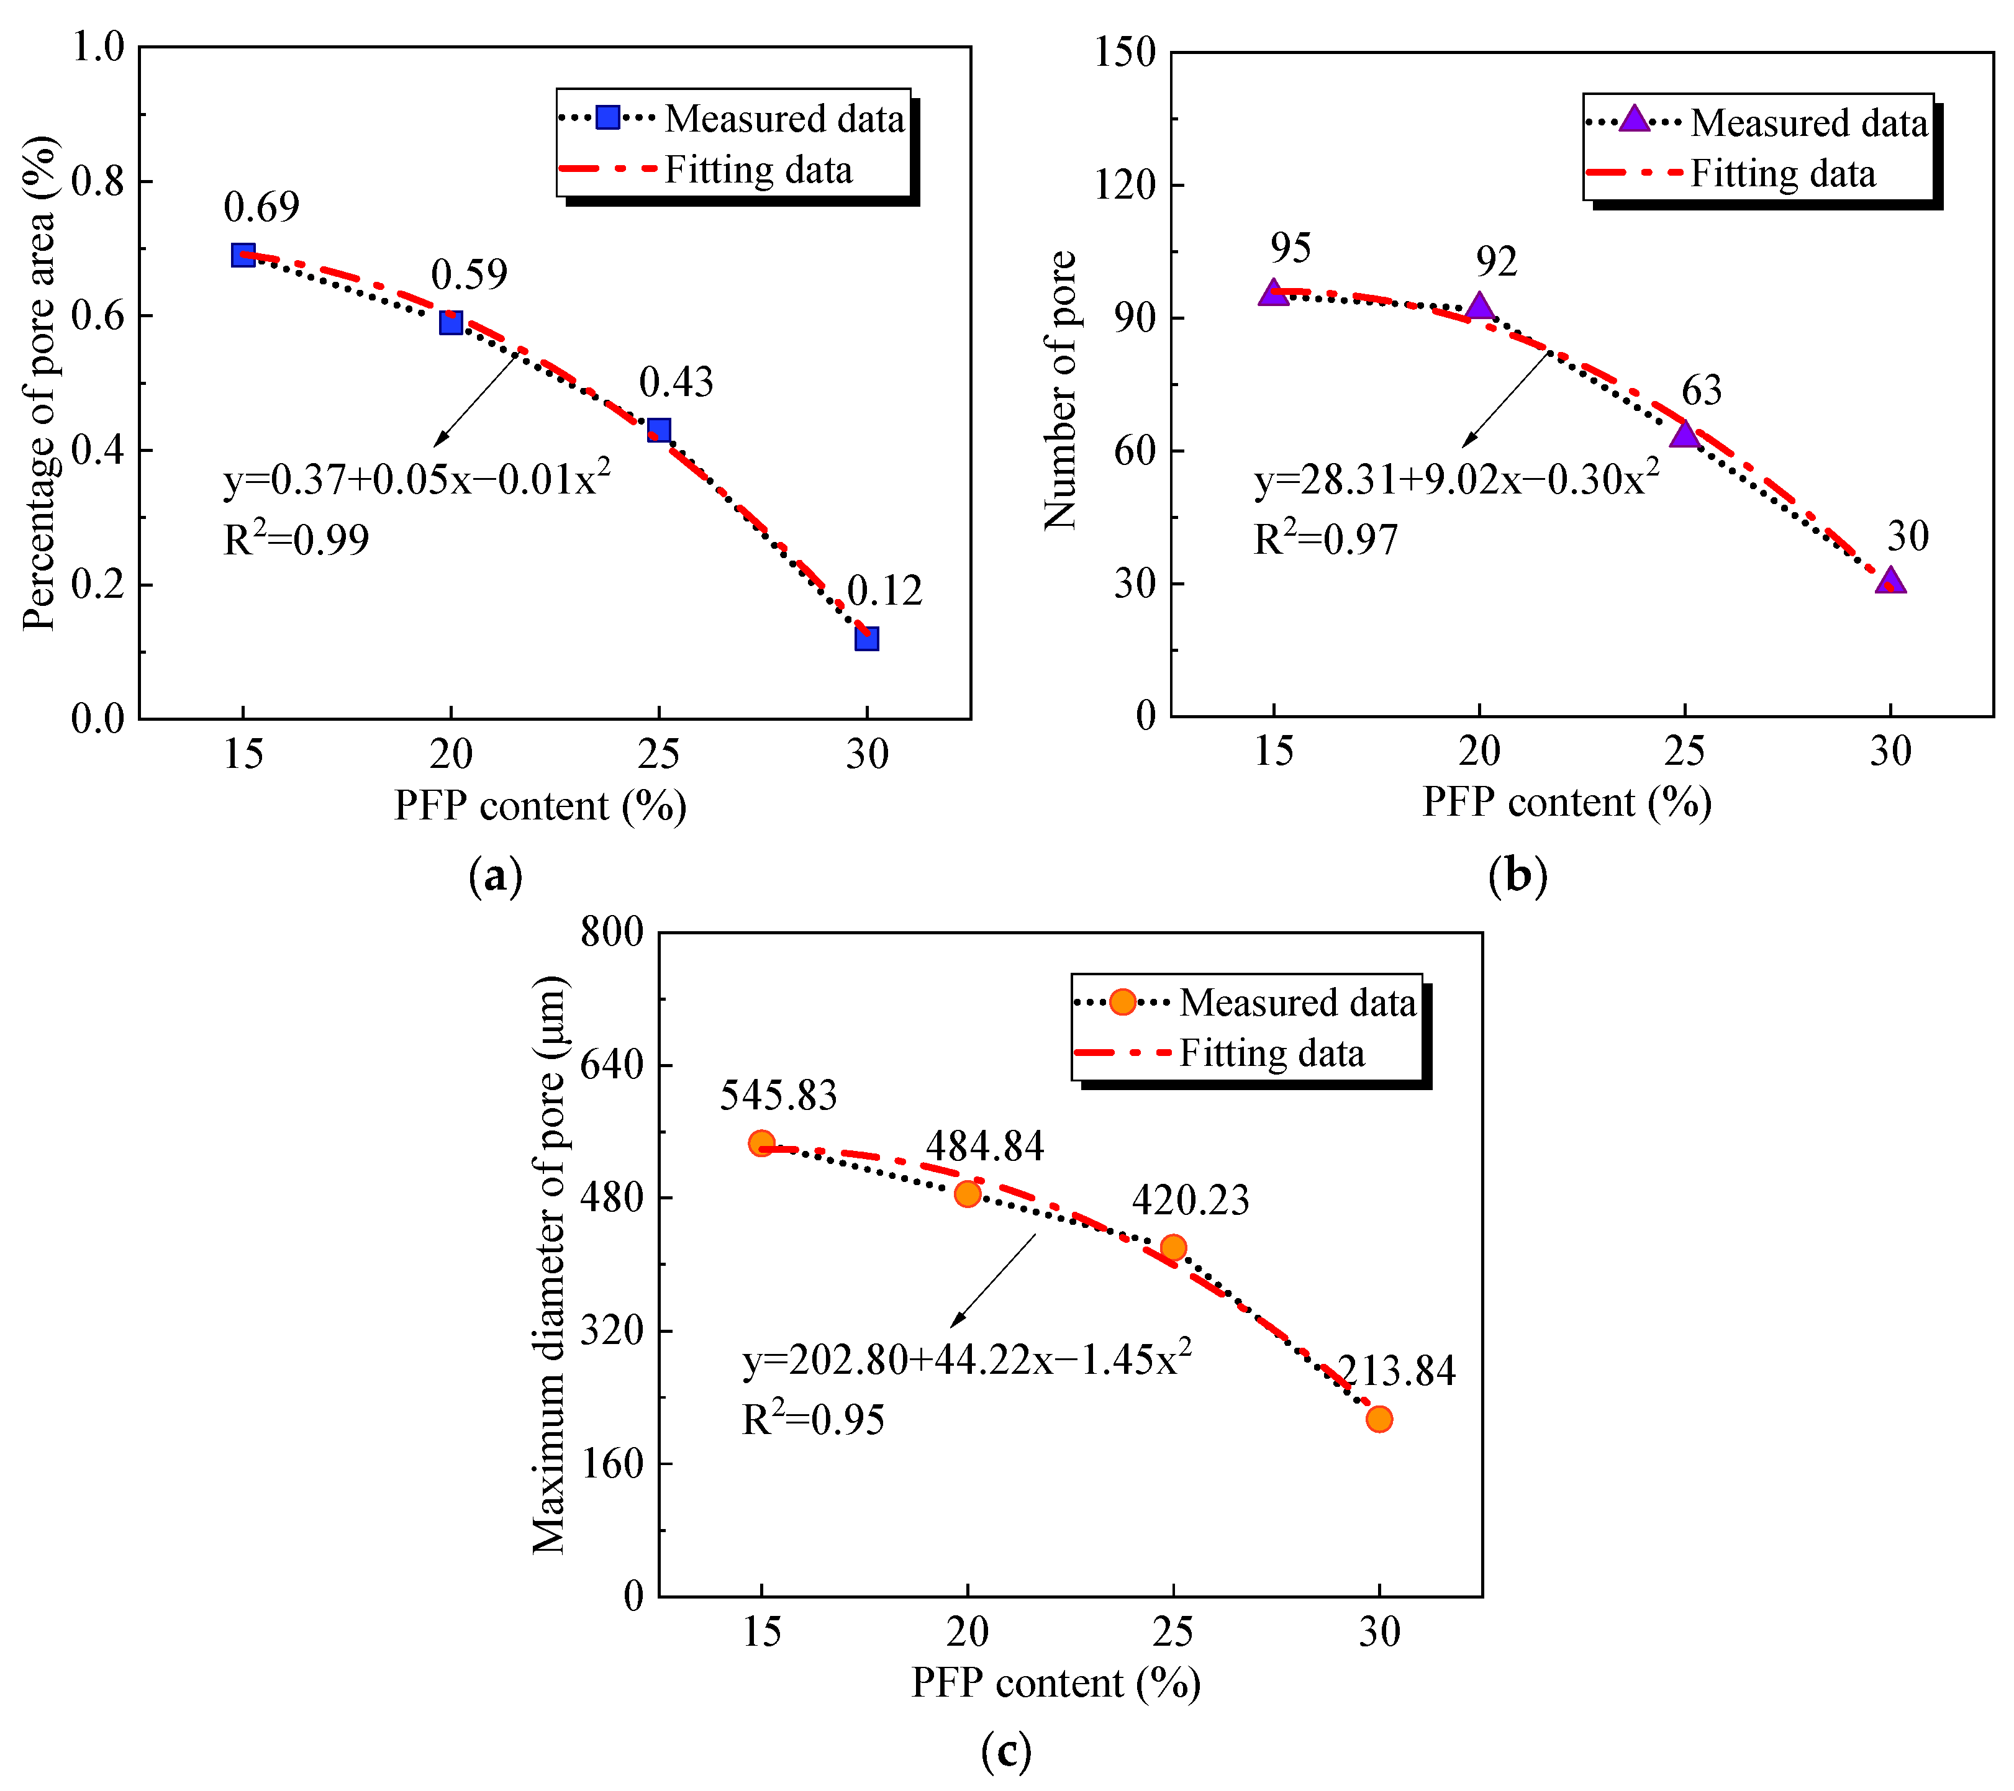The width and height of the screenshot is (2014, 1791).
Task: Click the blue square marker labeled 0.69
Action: (x=243, y=255)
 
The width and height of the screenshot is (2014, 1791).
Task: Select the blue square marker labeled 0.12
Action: (x=866, y=638)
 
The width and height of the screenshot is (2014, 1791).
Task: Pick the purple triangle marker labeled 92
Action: (x=1479, y=307)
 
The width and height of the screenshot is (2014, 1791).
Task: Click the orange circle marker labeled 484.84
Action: (x=968, y=1194)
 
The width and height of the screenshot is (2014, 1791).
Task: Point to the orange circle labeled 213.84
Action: (x=1379, y=1420)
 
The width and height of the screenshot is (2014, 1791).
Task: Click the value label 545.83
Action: (x=778, y=1096)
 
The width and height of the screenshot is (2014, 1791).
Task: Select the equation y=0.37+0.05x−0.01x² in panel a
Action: (x=417, y=479)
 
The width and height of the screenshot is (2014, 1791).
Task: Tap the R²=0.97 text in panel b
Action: (x=1325, y=539)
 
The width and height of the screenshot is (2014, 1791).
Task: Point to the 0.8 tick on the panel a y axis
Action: (x=99, y=181)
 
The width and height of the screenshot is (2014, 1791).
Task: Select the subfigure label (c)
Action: (x=1006, y=1752)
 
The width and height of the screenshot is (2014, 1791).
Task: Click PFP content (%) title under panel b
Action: (x=1567, y=802)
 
